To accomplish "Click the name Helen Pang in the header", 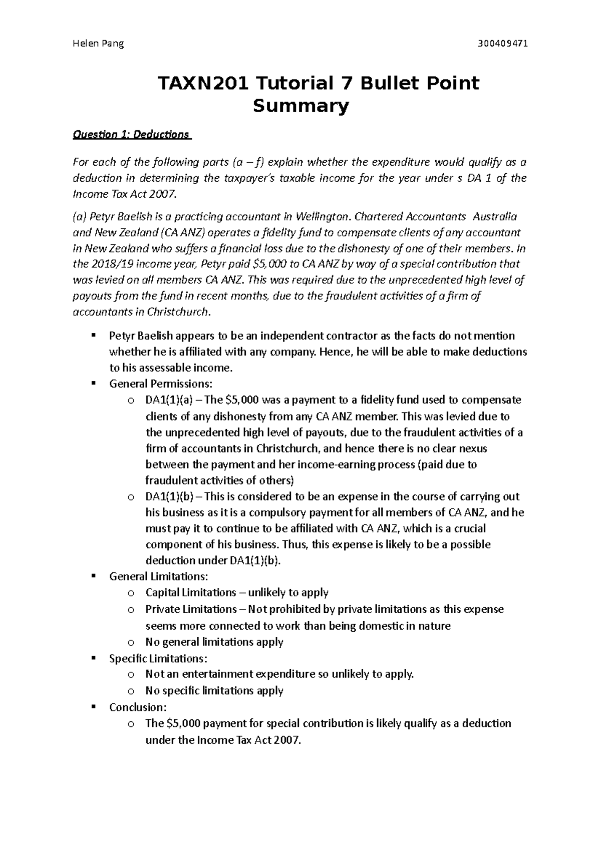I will coord(98,44).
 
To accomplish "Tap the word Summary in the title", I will coord(300,106).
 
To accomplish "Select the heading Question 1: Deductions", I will coord(131,135).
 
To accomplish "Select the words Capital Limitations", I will coord(190,593).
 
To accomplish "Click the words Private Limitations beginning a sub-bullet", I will coord(191,609).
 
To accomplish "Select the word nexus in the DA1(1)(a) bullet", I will coord(473,448).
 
